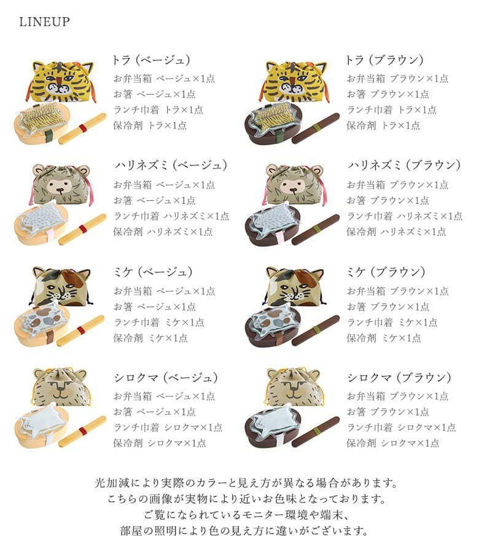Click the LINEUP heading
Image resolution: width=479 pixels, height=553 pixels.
click(x=44, y=22)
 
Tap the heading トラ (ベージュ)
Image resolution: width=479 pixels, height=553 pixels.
click(x=151, y=60)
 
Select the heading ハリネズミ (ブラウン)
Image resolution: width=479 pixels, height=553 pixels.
click(x=405, y=165)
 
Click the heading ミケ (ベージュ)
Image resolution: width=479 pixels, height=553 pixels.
click(x=153, y=272)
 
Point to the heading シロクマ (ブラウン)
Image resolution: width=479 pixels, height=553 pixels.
click(x=399, y=378)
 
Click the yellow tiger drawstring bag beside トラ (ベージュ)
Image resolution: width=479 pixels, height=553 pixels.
click(x=61, y=82)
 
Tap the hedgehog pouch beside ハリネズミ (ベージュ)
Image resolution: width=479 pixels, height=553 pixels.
click(x=61, y=184)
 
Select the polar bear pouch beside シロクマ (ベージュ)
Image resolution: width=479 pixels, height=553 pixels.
click(x=61, y=388)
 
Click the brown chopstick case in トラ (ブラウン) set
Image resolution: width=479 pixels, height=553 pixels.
click(x=316, y=128)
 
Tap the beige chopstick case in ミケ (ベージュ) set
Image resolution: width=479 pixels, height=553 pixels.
click(x=82, y=331)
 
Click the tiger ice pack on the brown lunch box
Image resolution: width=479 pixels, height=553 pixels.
click(x=275, y=114)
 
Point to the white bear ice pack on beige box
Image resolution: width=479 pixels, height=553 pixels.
click(x=41, y=418)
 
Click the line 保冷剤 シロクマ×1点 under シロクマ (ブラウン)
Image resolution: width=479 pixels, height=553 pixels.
click(x=393, y=443)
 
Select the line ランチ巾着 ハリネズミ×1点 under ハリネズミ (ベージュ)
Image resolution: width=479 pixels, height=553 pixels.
click(x=171, y=216)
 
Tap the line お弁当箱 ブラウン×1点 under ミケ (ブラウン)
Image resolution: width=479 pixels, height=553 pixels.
click(x=397, y=291)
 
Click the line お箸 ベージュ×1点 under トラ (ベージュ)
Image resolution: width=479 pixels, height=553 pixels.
click(x=154, y=94)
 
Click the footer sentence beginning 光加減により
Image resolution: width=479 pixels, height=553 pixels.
click(x=246, y=483)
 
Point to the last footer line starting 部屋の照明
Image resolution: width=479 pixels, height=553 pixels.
click(x=244, y=531)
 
